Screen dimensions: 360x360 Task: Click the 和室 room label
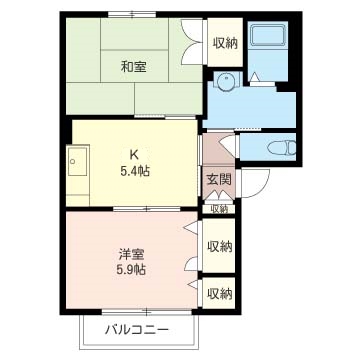[133, 68]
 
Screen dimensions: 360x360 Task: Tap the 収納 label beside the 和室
[225, 43]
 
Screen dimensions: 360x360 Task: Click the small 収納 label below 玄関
[219, 209]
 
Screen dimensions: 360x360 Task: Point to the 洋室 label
[130, 254]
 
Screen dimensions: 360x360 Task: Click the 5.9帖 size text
[130, 271]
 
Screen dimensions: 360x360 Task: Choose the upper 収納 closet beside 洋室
[219, 246]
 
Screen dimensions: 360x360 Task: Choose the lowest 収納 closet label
[219, 293]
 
